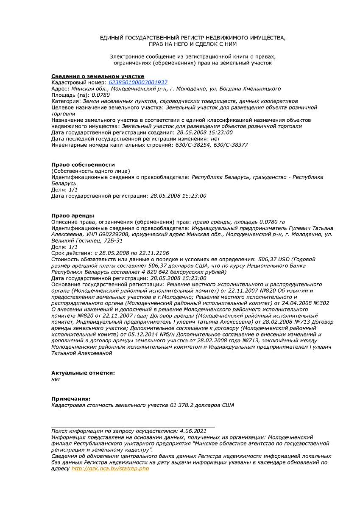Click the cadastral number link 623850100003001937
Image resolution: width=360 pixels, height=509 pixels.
tap(138, 82)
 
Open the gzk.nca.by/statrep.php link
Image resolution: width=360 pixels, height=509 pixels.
tap(110, 468)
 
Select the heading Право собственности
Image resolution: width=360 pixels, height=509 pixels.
tap(83, 165)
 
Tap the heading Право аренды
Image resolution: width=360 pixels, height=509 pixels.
tap(73, 215)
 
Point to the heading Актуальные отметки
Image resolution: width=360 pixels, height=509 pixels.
tap(83, 373)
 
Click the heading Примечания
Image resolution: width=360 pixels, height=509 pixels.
tap(71, 399)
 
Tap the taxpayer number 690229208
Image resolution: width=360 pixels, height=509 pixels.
tap(115, 234)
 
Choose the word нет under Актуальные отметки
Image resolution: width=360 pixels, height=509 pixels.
tap(56, 379)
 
